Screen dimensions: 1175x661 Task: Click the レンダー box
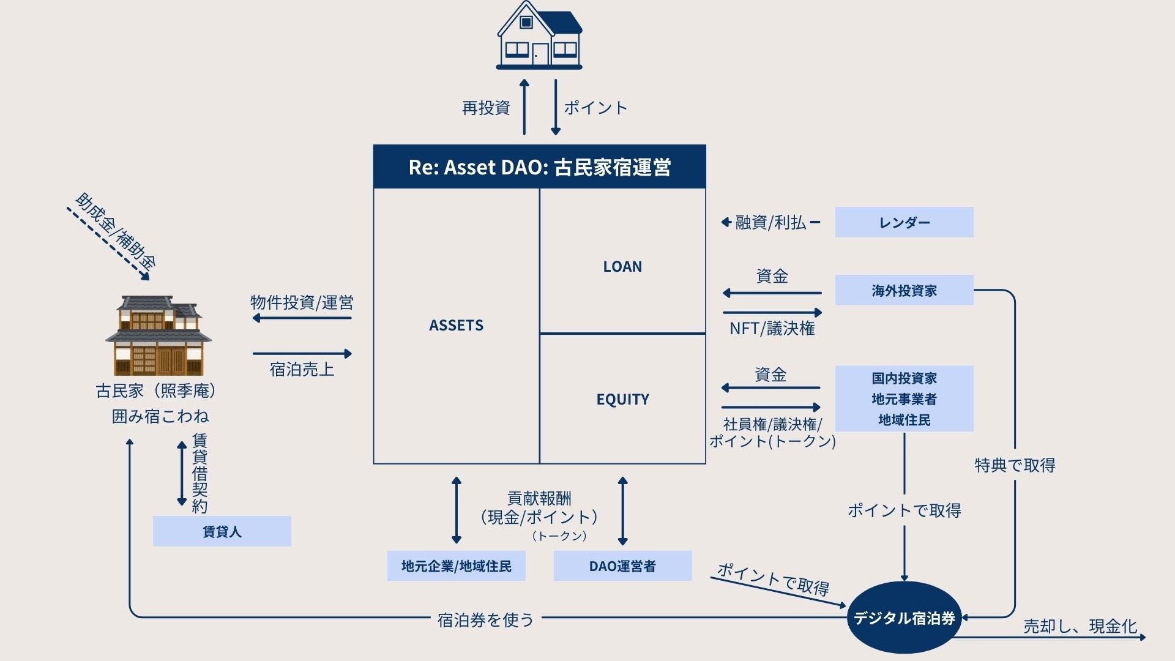coord(904,222)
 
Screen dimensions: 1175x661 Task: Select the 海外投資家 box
coord(904,290)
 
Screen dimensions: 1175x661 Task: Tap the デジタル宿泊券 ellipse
coord(904,618)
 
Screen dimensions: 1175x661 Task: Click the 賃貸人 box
coord(222,531)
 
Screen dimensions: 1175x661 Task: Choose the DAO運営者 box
coord(622,566)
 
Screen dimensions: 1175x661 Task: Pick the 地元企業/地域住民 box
coord(456,566)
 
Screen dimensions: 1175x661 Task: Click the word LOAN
coord(622,267)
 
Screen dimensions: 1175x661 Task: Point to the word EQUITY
coord(622,400)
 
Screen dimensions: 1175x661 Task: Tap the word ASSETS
coord(456,326)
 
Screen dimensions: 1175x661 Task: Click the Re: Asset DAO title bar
coord(539,166)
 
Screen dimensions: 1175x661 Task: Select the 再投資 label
coord(486,108)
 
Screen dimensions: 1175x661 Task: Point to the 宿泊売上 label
coord(302,370)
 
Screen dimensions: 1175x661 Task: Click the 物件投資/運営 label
coord(302,302)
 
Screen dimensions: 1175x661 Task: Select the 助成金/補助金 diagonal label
coord(116,231)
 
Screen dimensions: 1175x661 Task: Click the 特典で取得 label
coord(1015,465)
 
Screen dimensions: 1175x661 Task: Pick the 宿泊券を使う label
coord(485,620)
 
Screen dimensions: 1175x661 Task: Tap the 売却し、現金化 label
coord(1080,626)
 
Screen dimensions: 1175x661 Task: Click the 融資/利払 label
coord(770,222)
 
